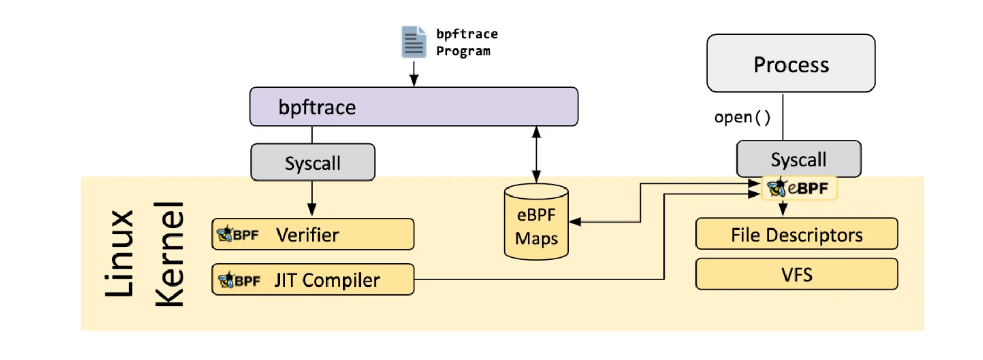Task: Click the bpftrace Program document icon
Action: (x=413, y=42)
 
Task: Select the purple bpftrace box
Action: (x=414, y=107)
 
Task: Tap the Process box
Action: (x=791, y=63)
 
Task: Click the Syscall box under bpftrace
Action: (x=313, y=162)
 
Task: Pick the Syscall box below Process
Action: (x=798, y=159)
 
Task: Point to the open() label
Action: (x=742, y=117)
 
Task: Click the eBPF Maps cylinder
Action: (x=536, y=222)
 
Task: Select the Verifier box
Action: (x=313, y=234)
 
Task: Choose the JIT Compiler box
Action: (x=313, y=279)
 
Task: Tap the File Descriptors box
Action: (x=797, y=234)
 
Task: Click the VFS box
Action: (x=797, y=274)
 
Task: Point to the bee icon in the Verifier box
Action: (x=225, y=234)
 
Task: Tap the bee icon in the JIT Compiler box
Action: (x=226, y=279)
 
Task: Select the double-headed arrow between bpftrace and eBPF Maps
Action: (x=536, y=155)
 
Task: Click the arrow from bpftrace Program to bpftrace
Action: (x=414, y=73)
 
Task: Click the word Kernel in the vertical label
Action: (x=170, y=254)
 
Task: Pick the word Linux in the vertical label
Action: (x=119, y=253)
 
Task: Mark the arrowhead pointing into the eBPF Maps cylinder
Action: (x=575, y=222)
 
